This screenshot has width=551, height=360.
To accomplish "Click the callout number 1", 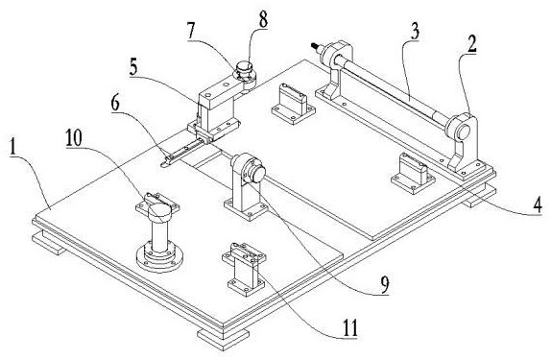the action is tap(12, 148).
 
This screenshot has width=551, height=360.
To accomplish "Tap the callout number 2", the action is tap(471, 45).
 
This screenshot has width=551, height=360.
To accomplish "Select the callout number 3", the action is tap(415, 32).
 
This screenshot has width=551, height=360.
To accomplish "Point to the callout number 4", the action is tap(538, 204).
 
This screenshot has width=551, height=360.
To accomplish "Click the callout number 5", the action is tap(133, 68).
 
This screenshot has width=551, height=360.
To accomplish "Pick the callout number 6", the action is tap(115, 103).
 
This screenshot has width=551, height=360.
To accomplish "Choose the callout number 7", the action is tap(191, 32).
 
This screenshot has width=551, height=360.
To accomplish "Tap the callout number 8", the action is tap(263, 19).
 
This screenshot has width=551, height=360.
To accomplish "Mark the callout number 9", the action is tap(384, 284).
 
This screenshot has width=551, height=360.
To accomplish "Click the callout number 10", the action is tap(74, 138).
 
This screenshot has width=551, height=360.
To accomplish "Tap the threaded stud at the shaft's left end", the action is tap(316, 47).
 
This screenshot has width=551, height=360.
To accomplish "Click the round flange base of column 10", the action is tap(159, 259).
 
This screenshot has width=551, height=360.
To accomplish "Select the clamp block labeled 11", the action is tap(243, 268).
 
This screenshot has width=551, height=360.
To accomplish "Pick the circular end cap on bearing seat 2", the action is tap(462, 132).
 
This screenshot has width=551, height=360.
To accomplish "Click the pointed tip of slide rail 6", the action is tap(161, 164).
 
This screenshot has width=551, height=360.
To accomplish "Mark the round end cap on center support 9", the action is tap(258, 175).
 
